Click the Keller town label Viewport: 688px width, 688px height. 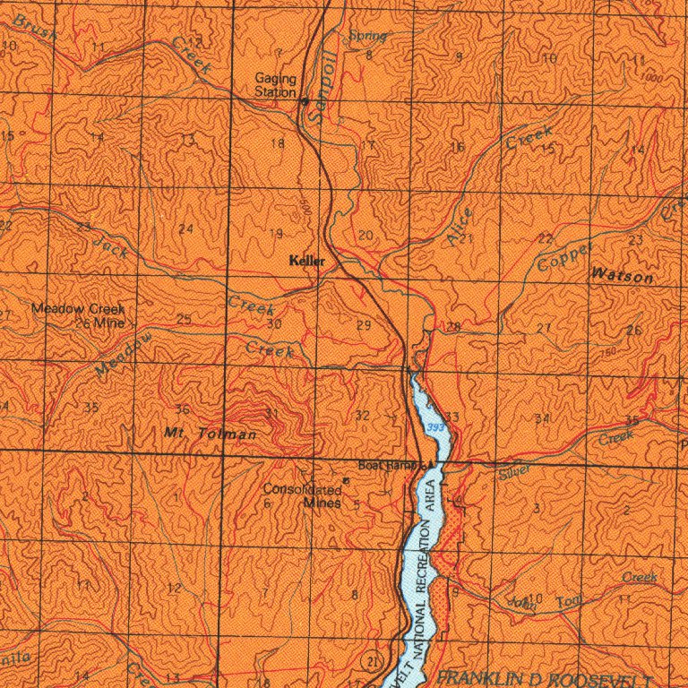click(x=307, y=262)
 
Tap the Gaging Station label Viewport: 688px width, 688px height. click(x=275, y=85)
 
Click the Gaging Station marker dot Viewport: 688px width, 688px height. click(x=304, y=99)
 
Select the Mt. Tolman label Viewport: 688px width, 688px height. click(x=211, y=434)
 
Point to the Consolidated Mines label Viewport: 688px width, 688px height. click(x=302, y=496)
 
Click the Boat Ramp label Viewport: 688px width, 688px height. click(x=391, y=465)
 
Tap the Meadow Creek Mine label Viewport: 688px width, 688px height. click(x=78, y=314)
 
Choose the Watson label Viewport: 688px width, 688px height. click(x=622, y=277)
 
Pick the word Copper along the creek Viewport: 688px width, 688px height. click(x=565, y=257)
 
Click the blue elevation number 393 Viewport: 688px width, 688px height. click(x=435, y=428)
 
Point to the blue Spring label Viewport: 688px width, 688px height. click(x=367, y=36)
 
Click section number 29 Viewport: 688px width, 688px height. click(x=363, y=324)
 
